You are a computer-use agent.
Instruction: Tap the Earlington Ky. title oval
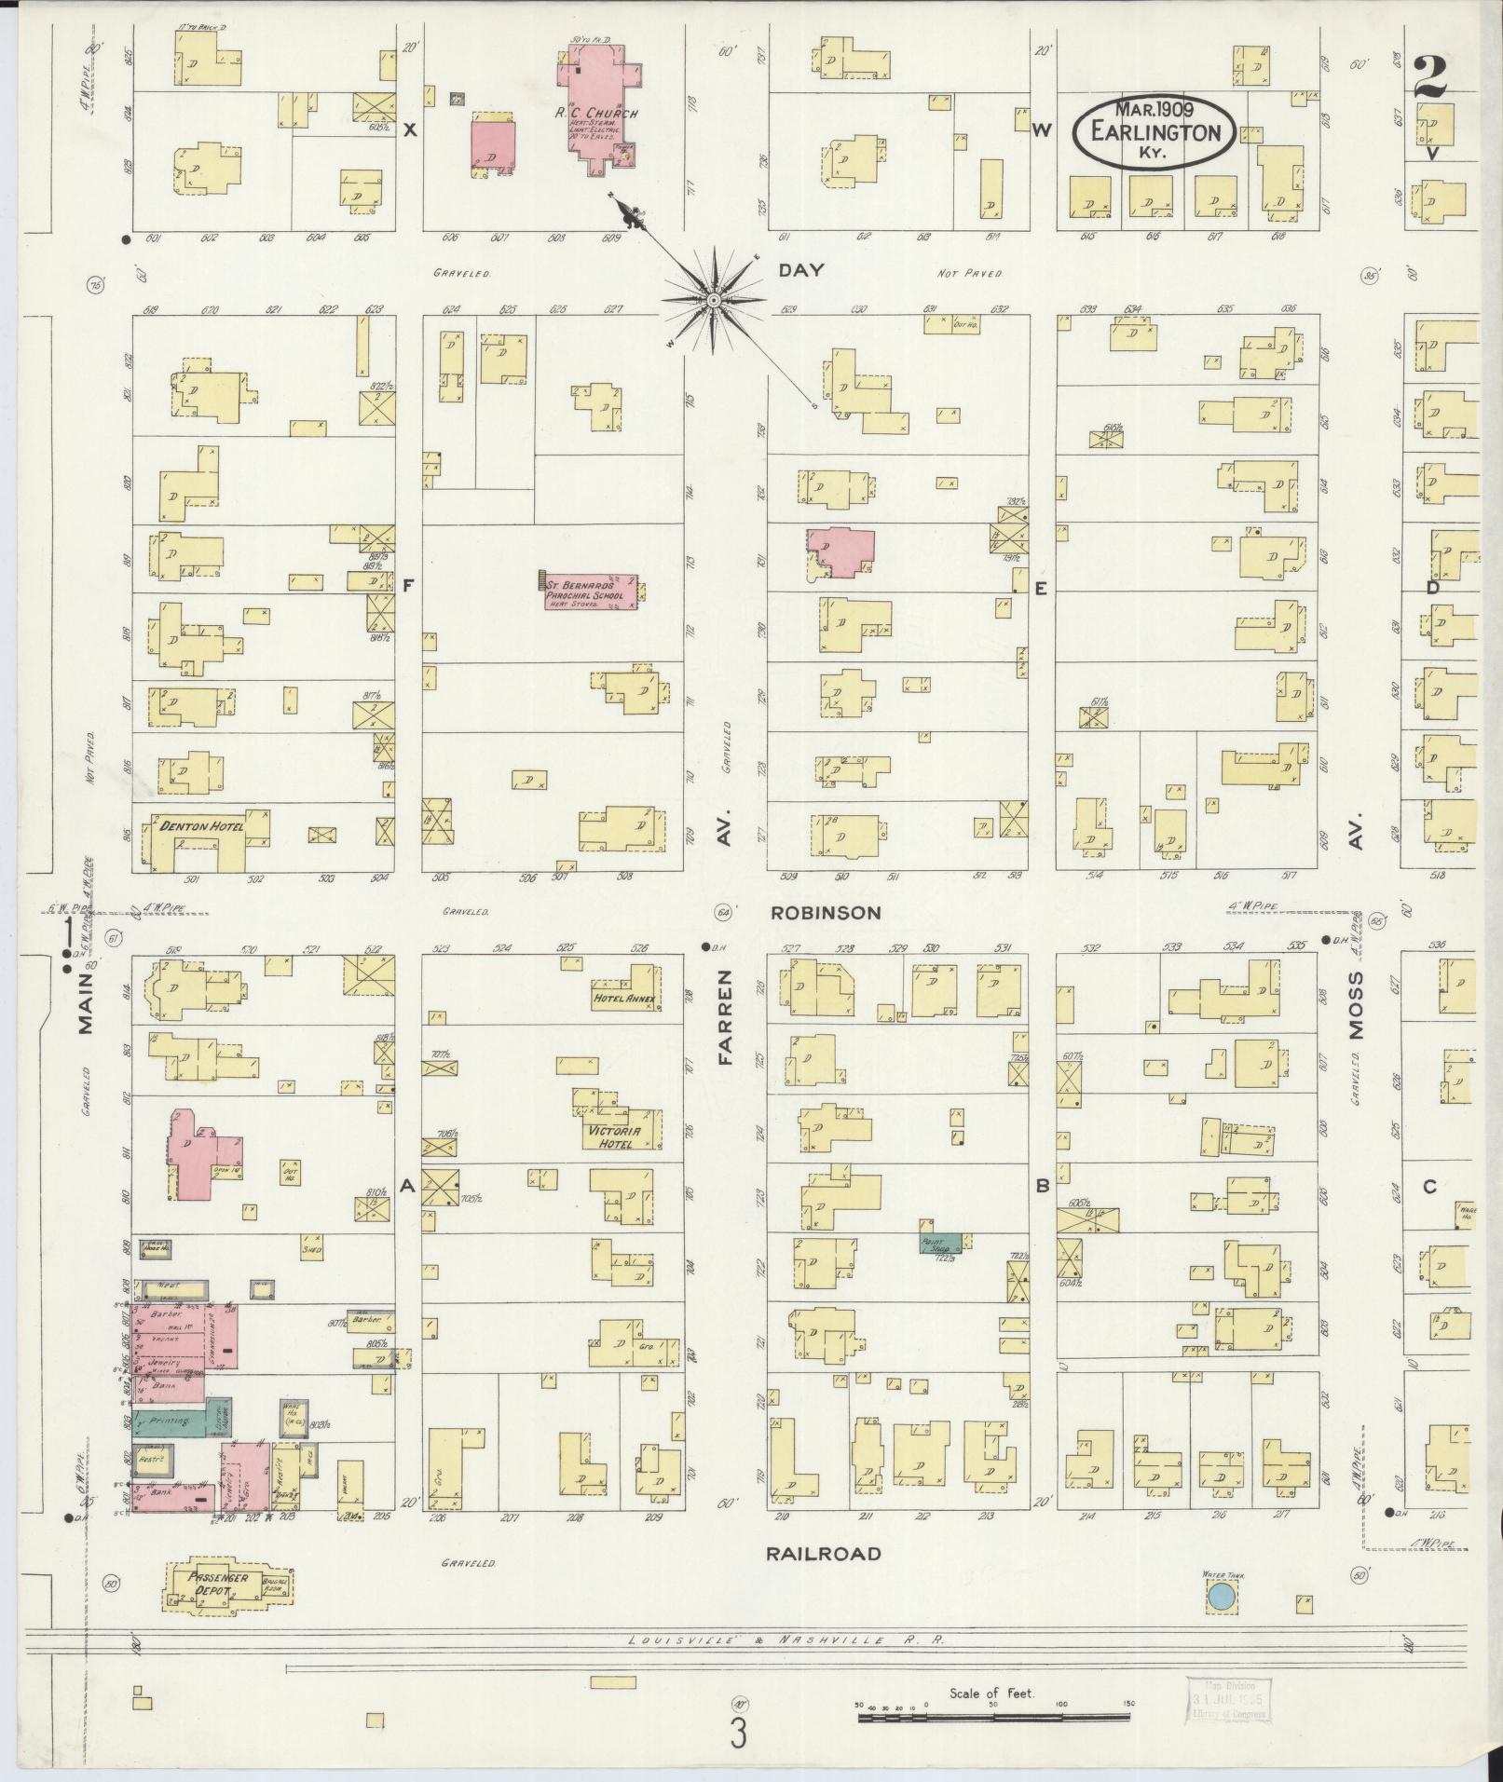point(1154,131)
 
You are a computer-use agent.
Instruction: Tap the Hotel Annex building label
point(624,1000)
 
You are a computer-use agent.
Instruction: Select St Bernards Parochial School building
point(590,592)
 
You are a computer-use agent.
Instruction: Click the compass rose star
point(713,300)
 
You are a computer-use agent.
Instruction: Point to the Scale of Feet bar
point(992,1715)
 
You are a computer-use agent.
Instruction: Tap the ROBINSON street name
point(825,913)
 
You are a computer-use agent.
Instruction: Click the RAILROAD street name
point(823,1554)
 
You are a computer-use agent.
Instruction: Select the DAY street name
point(801,270)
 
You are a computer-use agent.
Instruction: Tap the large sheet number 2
point(1429,77)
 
